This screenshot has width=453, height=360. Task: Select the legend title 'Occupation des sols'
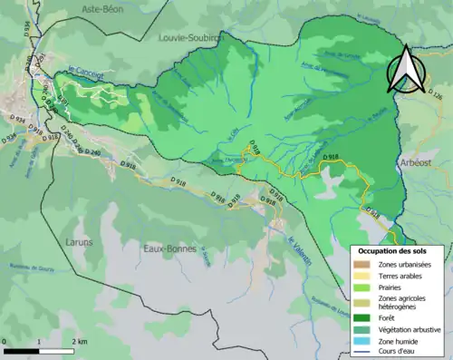396,249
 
